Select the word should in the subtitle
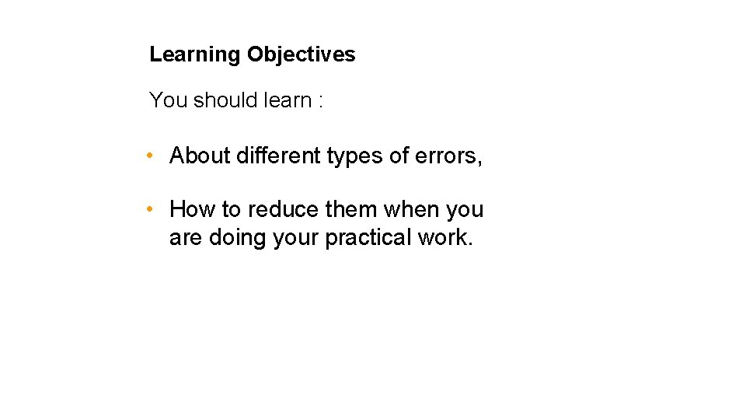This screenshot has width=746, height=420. coord(225,100)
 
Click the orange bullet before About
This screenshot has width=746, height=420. coord(151,156)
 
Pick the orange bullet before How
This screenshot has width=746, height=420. coord(151,209)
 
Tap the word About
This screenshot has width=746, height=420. coord(200,156)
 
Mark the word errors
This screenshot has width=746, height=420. coord(448,156)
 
